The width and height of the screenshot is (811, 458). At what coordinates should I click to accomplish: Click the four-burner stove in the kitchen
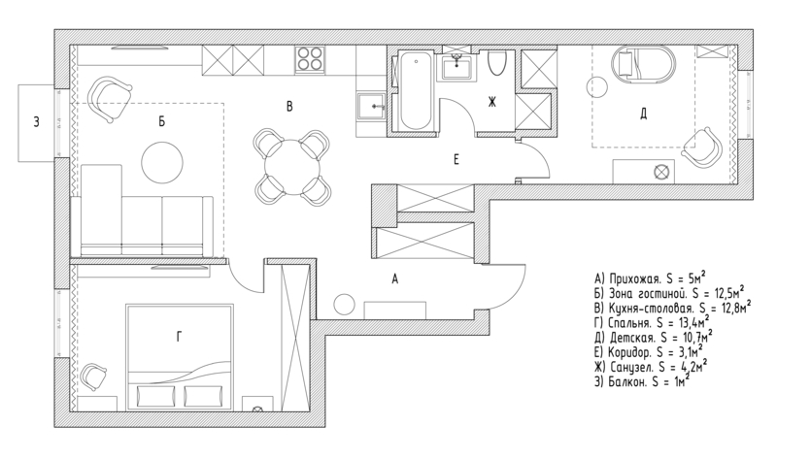pos(310,59)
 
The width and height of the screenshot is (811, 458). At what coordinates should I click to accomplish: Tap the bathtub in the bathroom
pos(416,90)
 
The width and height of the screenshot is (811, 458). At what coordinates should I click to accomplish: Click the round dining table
pos(291,167)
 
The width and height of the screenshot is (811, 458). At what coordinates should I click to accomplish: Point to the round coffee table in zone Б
pos(162,162)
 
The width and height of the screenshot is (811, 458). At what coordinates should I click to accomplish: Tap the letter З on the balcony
pos(36,122)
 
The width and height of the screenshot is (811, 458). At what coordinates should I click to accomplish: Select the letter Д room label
pos(643,114)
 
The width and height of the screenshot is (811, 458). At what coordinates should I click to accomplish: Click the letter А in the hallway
pos(394,279)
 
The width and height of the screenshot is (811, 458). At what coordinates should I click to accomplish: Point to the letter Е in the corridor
pos(456,160)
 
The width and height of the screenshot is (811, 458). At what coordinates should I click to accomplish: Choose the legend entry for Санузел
pos(651,367)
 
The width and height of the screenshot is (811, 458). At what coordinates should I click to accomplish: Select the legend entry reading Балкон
pos(642,382)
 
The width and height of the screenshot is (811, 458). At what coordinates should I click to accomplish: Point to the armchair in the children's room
pos(703,147)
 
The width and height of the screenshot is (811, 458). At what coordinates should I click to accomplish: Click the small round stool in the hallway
pos(344,305)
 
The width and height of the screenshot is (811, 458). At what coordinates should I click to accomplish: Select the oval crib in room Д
pos(643,64)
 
